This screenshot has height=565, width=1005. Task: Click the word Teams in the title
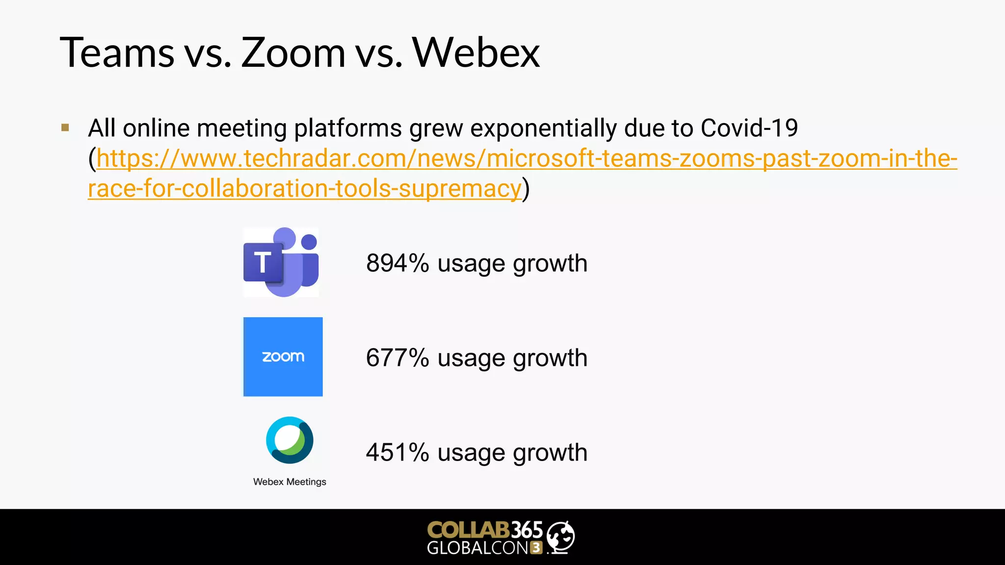click(x=117, y=52)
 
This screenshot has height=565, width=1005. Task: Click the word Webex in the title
click(x=476, y=52)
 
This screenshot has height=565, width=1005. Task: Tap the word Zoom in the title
click(x=293, y=52)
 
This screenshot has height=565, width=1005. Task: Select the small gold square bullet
click(x=65, y=128)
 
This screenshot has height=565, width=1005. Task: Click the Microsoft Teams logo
click(x=281, y=262)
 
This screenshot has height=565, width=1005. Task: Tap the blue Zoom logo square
click(x=283, y=357)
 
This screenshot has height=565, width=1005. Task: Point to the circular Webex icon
click(x=290, y=440)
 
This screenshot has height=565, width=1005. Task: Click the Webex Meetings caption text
click(x=290, y=482)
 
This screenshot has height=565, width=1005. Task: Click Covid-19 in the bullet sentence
click(x=749, y=128)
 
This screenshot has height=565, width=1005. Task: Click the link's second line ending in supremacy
click(x=304, y=189)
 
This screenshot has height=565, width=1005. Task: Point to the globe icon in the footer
click(x=560, y=537)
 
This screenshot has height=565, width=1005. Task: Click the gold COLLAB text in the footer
click(x=468, y=530)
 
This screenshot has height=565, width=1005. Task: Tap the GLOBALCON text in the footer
click(x=477, y=548)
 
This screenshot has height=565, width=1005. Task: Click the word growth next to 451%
click(x=550, y=453)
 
